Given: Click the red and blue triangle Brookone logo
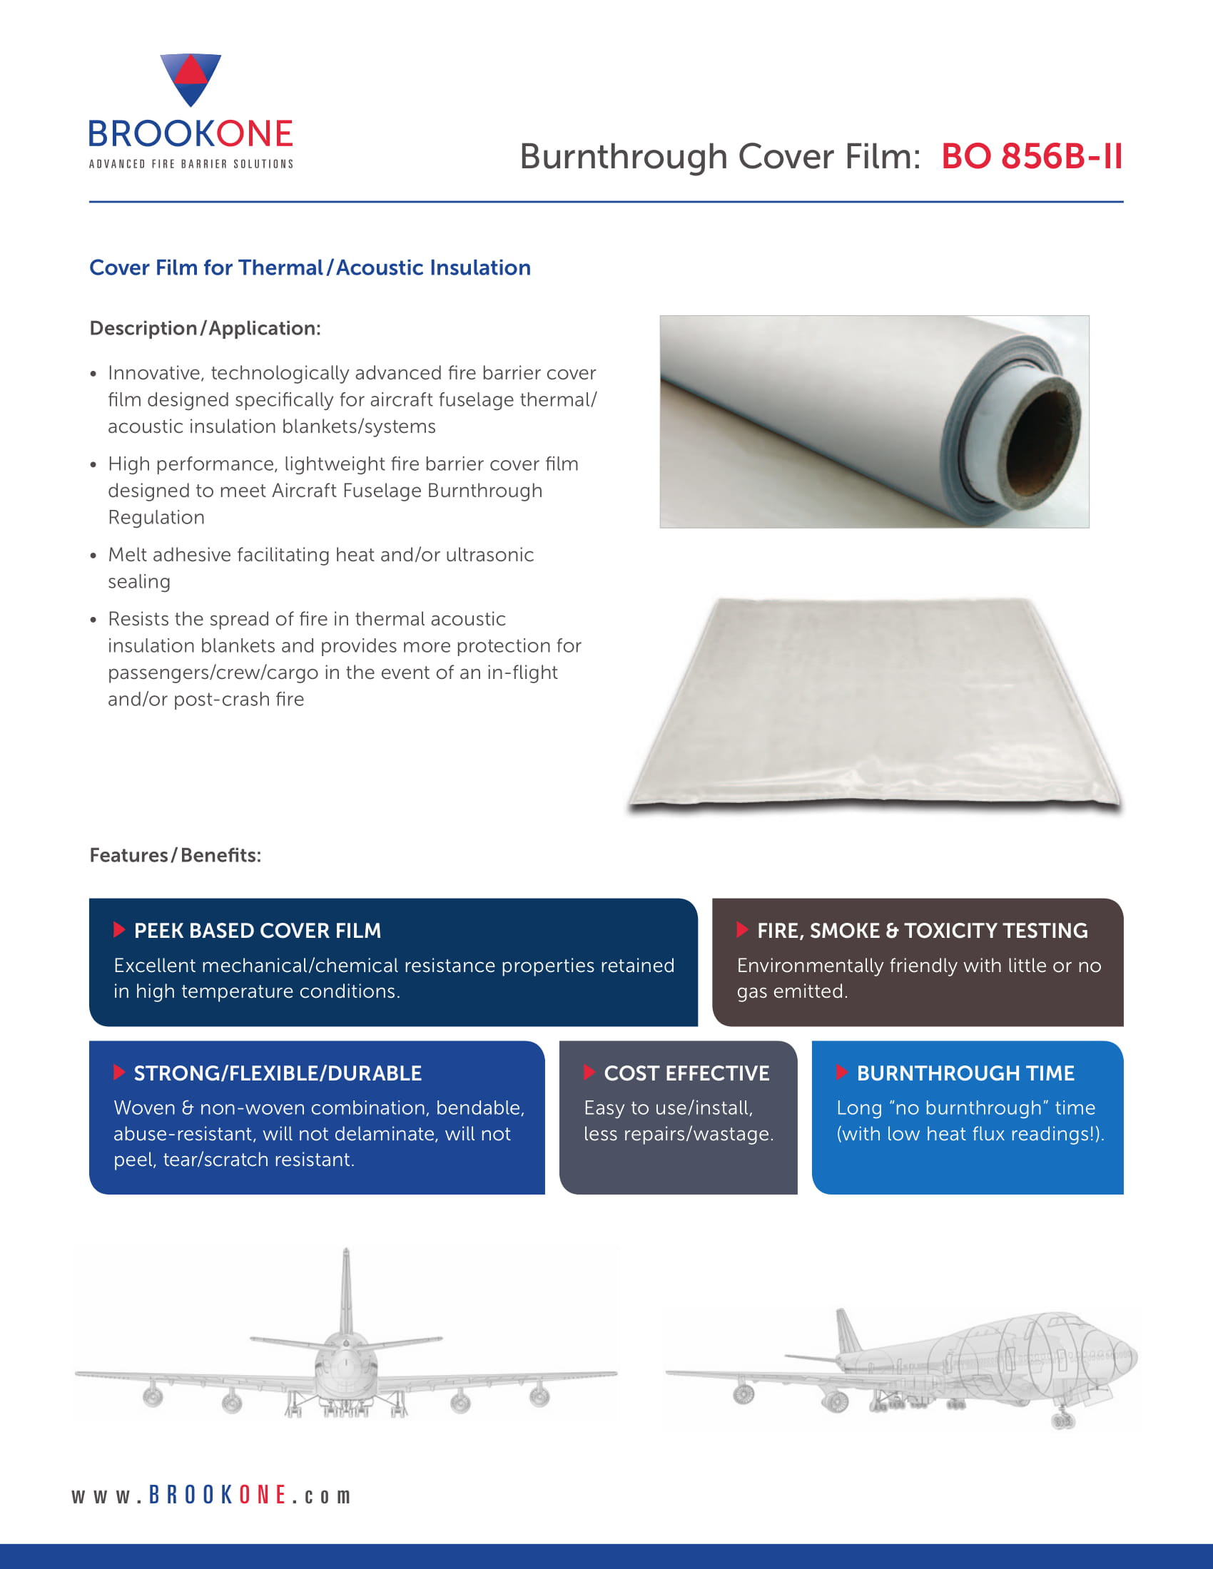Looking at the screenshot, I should tap(191, 78).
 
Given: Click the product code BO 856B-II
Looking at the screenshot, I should tap(1031, 157).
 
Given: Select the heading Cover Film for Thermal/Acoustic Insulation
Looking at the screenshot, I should tap(310, 268).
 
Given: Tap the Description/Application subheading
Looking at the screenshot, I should tap(205, 328).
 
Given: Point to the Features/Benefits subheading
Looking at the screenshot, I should tap(176, 855).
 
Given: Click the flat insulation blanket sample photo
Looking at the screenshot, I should tap(875, 704).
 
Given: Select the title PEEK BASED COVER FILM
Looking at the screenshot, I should tap(258, 931).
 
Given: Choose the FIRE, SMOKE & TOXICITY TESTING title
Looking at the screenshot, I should tap(922, 931).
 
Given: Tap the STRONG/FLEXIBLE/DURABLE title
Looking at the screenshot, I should tap(278, 1073).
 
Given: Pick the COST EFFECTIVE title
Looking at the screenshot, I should tap(686, 1073).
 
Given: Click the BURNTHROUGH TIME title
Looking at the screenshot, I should tap(965, 1073).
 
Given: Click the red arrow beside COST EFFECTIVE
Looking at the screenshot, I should tap(589, 1073).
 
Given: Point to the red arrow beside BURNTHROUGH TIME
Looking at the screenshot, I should tap(842, 1073).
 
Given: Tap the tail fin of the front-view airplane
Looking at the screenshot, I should tap(346, 1289).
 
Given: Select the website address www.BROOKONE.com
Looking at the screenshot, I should tap(211, 1495).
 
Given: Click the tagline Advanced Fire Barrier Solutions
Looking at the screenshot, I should tap(191, 165).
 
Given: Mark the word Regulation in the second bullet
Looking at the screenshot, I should tap(156, 517).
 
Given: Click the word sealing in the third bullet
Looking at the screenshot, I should tap(138, 581).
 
